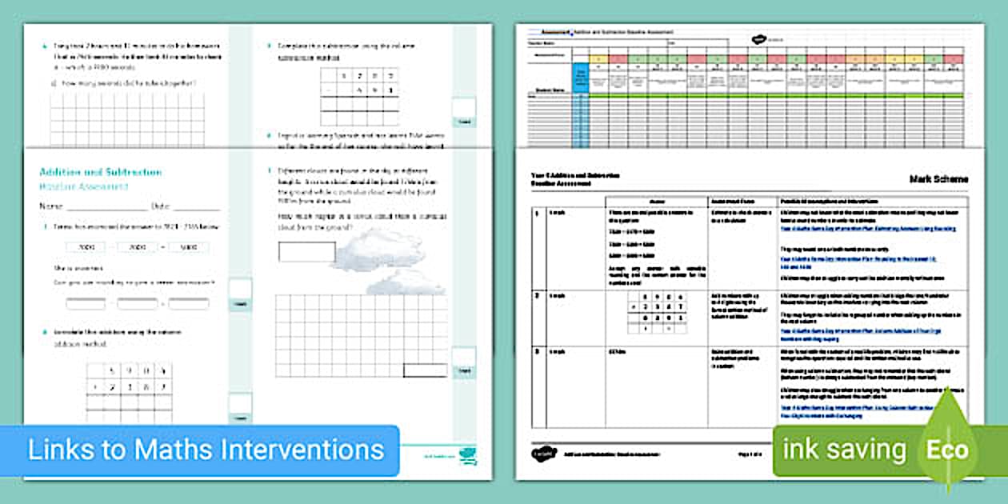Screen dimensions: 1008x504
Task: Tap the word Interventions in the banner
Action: (303, 449)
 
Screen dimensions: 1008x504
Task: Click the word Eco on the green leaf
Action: (947, 450)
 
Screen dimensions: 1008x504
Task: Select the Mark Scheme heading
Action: (938, 180)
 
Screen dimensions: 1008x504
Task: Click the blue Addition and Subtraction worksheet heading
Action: (100, 172)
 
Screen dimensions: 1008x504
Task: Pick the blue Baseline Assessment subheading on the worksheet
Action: (84, 186)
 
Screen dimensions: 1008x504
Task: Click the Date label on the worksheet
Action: (161, 206)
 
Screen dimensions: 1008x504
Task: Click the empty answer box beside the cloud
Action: (306, 252)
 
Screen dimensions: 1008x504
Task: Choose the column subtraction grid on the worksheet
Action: (360, 93)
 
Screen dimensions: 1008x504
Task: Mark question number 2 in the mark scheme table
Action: (536, 296)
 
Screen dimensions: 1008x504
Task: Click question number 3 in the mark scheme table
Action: (536, 351)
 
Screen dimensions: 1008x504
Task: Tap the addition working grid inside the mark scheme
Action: (658, 311)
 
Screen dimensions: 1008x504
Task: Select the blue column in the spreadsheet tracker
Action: (581, 104)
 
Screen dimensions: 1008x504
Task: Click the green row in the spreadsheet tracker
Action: (768, 96)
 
